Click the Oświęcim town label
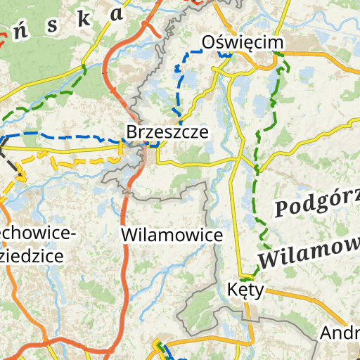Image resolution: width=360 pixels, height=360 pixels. (243, 43)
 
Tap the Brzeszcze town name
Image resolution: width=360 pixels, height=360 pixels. (167, 131)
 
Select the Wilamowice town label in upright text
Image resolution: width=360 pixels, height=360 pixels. (172, 234)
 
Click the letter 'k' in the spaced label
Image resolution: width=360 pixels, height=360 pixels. (84, 19)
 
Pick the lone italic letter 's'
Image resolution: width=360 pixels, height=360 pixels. (51, 25)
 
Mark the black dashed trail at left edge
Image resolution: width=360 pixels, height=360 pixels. (12, 158)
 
